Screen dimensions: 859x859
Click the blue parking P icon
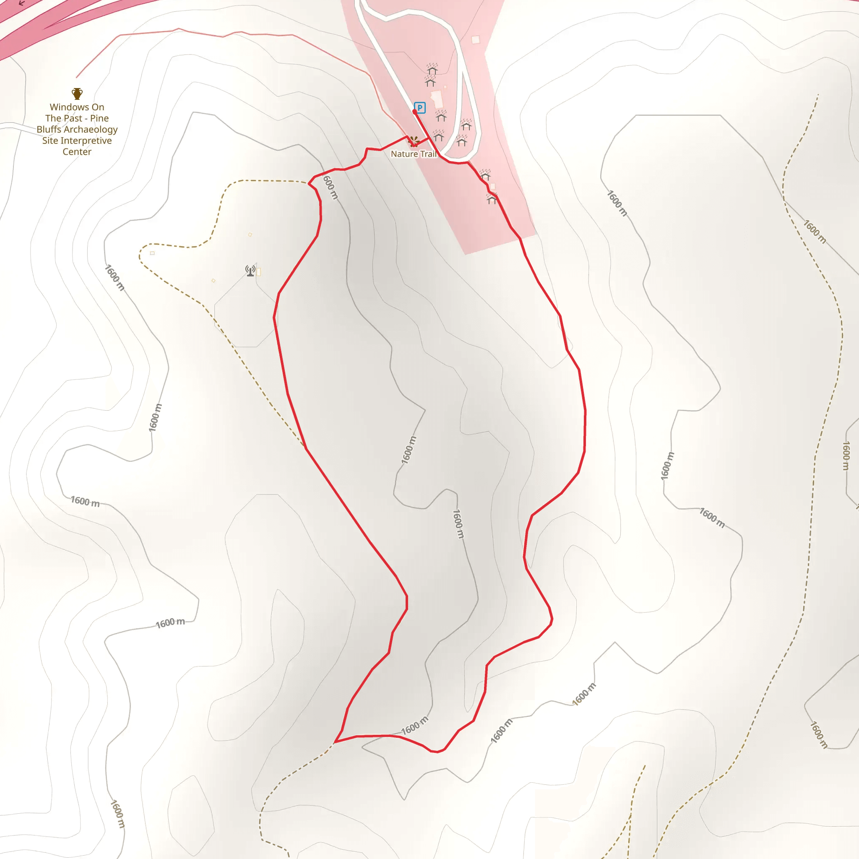419,108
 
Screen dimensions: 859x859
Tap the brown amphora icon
77,94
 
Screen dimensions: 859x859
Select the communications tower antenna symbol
250,271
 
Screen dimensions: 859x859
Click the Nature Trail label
413,154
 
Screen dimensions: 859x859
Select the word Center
77,151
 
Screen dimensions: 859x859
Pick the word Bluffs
49,129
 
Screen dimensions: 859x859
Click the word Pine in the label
99,118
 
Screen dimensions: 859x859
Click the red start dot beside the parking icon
415,112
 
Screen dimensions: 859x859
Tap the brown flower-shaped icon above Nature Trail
414,141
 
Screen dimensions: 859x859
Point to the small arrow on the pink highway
21,3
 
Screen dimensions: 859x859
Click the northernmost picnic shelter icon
432,69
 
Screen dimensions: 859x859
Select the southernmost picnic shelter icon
491,199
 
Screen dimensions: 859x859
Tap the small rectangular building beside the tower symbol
259,272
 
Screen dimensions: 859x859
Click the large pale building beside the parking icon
437,99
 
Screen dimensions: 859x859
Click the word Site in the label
50,141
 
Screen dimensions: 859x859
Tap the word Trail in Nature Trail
428,154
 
